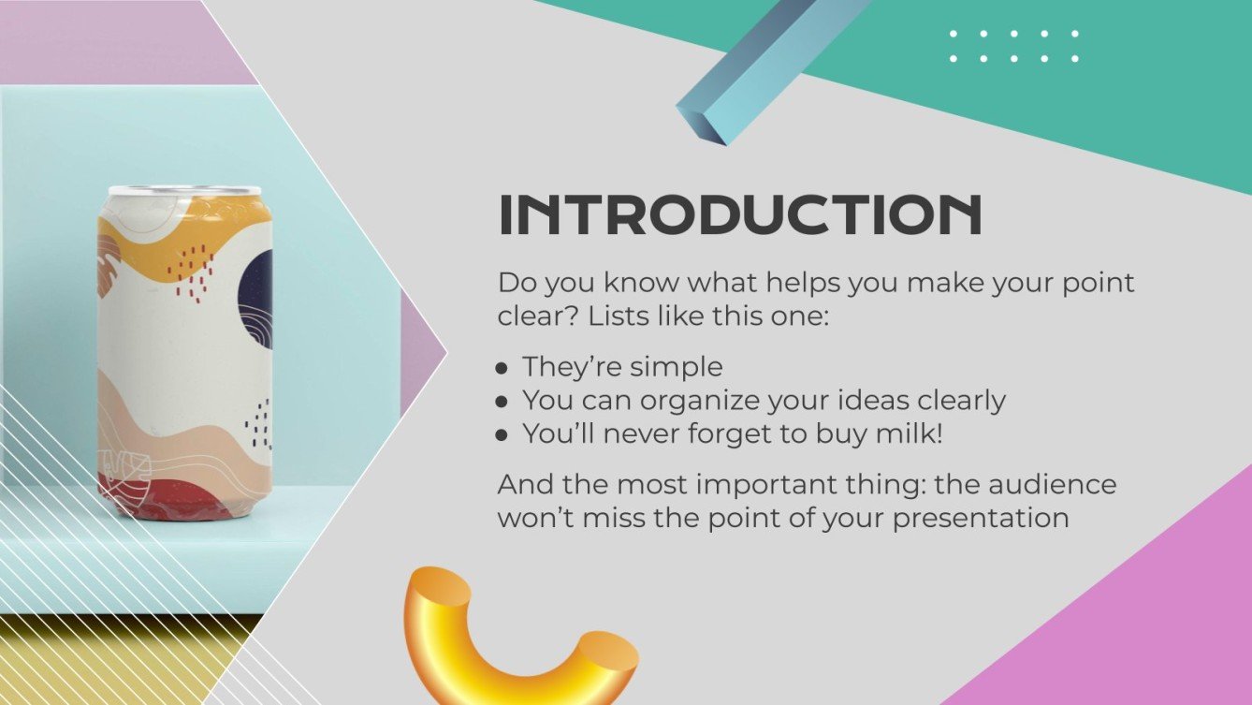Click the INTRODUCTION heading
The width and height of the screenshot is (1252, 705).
pyautogui.click(x=739, y=215)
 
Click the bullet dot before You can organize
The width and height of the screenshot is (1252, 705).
pyautogui.click(x=502, y=402)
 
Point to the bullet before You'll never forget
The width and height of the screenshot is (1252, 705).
pyautogui.click(x=502, y=435)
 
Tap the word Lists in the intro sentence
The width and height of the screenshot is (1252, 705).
pyautogui.click(x=619, y=316)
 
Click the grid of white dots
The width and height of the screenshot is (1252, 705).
pyautogui.click(x=1013, y=46)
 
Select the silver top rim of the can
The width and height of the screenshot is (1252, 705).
pyautogui.click(x=184, y=191)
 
